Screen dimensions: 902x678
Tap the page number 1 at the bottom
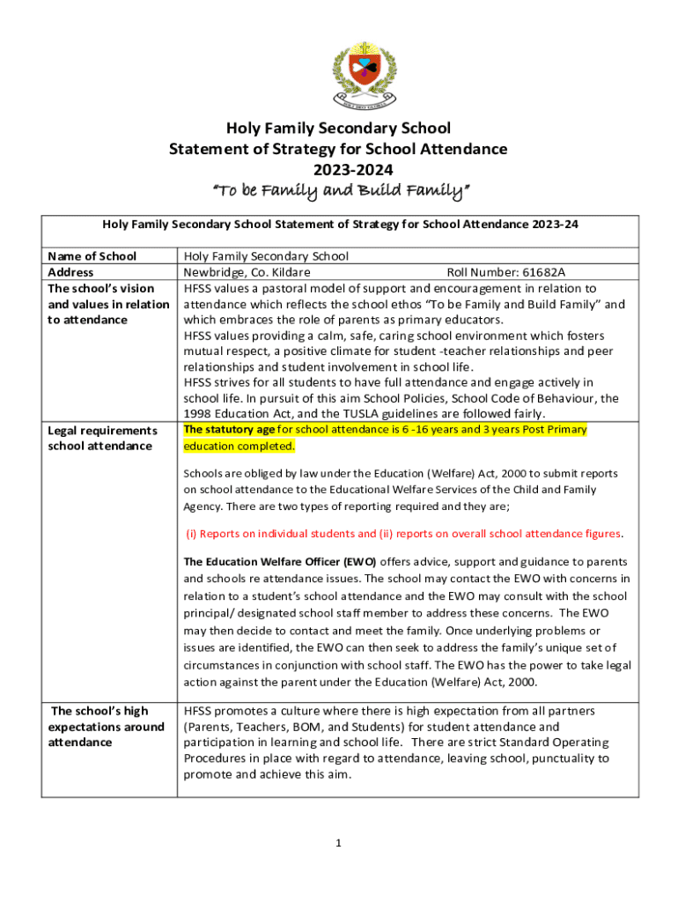338,843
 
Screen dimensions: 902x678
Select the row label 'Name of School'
92,256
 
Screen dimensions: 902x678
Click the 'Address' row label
70,272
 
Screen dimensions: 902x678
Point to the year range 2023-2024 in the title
338,169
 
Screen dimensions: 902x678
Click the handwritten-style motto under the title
338,190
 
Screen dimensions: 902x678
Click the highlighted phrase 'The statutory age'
228,430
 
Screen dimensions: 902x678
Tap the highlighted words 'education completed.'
239,446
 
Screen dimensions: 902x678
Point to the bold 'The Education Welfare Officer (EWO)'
280,561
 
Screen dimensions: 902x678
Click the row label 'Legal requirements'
102,431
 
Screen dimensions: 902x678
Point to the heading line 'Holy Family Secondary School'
338,129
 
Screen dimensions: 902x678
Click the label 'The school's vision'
100,288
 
